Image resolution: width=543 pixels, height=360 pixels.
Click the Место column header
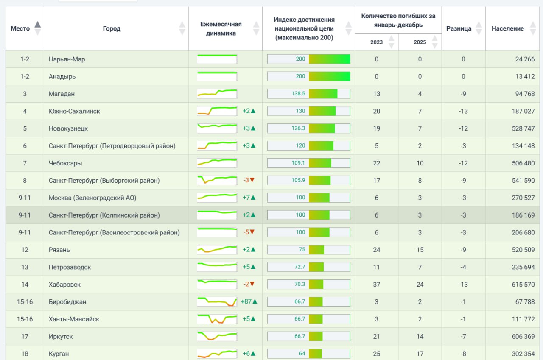click(20, 28)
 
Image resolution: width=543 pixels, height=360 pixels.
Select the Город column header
click(112, 28)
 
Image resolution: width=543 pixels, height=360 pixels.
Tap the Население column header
click(508, 28)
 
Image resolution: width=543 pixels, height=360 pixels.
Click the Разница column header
click(459, 28)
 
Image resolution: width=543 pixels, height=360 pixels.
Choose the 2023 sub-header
click(376, 42)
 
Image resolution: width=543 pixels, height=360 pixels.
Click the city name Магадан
click(62, 94)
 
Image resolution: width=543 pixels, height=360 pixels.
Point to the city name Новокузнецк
click(68, 128)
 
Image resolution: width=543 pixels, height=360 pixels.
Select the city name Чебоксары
click(65, 163)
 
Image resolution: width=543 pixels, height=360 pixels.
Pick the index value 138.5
click(298, 94)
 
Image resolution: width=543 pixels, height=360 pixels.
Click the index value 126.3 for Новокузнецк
click(298, 128)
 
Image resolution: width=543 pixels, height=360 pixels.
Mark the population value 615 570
click(523, 285)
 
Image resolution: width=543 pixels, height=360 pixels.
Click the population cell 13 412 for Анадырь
click(525, 77)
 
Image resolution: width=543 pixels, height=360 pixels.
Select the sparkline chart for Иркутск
click(217, 336)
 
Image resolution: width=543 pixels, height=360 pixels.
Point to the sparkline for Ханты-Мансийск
click(217, 319)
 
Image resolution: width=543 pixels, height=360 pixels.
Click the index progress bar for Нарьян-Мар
click(309, 59)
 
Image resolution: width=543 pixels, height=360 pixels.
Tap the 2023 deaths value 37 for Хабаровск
click(376, 285)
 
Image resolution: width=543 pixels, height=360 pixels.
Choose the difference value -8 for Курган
click(463, 354)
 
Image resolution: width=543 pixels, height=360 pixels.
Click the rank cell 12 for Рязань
click(25, 250)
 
